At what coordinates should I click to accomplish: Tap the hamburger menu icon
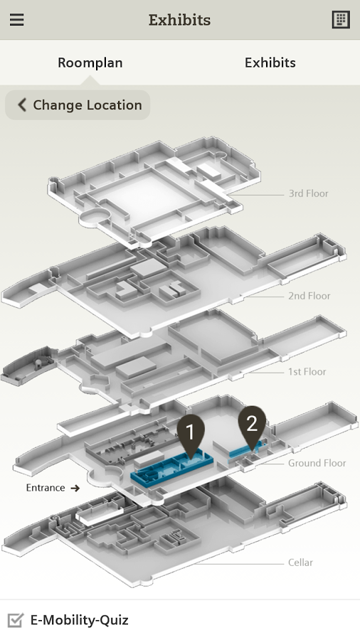(17, 19)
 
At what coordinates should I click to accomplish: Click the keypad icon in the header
(341, 19)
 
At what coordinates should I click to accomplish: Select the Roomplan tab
(90, 63)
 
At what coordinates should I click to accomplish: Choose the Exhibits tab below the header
(270, 63)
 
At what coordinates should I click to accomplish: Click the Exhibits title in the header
(179, 20)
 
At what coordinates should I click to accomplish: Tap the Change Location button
(78, 105)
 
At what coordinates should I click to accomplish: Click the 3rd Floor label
(308, 193)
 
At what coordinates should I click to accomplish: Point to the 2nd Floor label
(309, 296)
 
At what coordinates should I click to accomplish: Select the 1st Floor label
(307, 371)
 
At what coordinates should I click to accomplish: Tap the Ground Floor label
(317, 463)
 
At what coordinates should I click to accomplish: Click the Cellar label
(300, 562)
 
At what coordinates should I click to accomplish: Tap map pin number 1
(191, 434)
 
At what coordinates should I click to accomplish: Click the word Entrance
(46, 488)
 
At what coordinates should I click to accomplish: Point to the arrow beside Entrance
(75, 488)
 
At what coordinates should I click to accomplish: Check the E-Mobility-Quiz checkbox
(16, 620)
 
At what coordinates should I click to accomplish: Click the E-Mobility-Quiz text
(80, 620)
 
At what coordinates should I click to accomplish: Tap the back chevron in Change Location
(22, 105)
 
